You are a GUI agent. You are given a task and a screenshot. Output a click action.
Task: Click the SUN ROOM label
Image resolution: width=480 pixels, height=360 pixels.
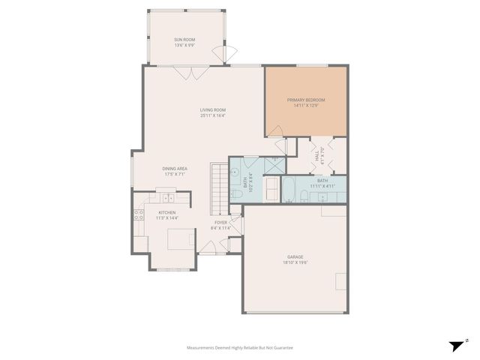(x=185, y=39)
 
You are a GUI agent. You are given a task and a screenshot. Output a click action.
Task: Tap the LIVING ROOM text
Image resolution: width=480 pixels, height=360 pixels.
(x=213, y=109)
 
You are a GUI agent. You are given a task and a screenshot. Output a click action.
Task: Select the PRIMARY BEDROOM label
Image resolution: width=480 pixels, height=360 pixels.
(x=306, y=100)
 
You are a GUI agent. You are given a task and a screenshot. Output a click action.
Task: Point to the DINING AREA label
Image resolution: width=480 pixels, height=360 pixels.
(x=175, y=169)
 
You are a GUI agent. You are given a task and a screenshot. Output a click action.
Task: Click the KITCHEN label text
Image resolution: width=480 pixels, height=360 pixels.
(x=167, y=212)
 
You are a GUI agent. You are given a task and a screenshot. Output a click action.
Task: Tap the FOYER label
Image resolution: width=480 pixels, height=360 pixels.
(x=220, y=222)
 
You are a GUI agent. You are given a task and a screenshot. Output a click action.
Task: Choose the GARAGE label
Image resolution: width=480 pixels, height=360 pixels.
(x=295, y=256)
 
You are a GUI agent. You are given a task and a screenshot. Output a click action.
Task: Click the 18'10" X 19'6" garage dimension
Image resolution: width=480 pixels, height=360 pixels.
(x=295, y=262)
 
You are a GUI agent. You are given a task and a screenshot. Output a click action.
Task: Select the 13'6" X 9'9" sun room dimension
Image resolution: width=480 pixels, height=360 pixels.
(x=185, y=45)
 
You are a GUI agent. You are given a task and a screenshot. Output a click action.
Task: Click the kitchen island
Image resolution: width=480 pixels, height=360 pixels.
(x=178, y=240)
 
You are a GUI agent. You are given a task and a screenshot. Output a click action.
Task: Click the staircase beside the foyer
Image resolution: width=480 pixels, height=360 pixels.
(x=218, y=187)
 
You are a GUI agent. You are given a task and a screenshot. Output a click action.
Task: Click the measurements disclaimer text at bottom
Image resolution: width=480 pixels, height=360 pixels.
(x=239, y=348)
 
